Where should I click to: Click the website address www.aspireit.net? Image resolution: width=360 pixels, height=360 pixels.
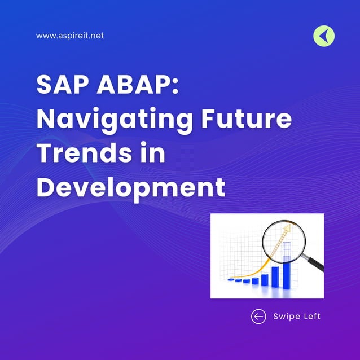pyautogui.click(x=70, y=36)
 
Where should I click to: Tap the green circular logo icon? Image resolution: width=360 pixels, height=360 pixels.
pyautogui.click(x=324, y=37)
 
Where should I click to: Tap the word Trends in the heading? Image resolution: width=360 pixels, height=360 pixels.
pyautogui.click(x=85, y=153)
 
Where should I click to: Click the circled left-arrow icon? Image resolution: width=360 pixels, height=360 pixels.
pyautogui.click(x=258, y=316)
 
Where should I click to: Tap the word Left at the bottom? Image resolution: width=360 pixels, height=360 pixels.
pyautogui.click(x=311, y=316)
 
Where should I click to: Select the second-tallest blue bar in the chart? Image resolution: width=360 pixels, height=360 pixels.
pyautogui.click(x=275, y=275)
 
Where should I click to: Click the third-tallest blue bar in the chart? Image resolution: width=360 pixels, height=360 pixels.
pyautogui.click(x=264, y=279)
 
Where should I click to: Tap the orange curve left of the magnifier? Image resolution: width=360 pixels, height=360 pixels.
pyautogui.click(x=252, y=269)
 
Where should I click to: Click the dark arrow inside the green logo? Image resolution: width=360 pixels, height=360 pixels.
pyautogui.click(x=323, y=37)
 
